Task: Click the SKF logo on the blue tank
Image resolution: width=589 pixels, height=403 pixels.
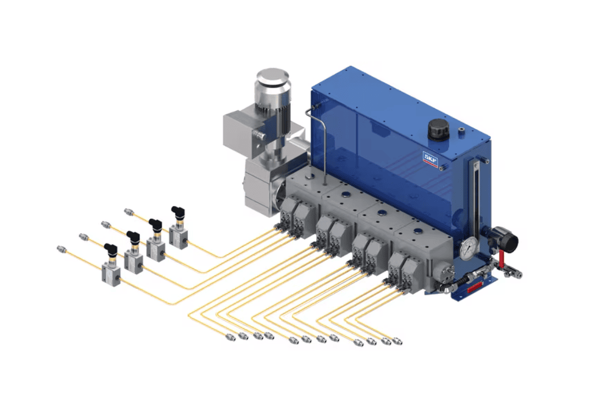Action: tap(431, 159)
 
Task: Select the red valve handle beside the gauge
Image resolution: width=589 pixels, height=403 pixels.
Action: tap(501, 259)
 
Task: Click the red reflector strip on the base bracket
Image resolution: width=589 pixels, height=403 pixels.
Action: tap(476, 287)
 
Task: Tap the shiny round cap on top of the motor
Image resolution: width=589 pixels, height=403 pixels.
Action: tap(272, 77)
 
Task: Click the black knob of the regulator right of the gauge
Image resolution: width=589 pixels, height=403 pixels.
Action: tap(506, 238)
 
